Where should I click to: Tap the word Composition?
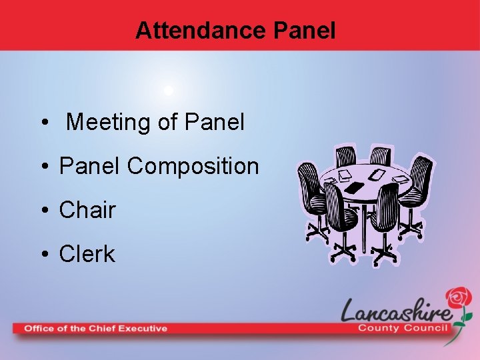(193, 166)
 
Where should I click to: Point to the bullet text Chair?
(87, 210)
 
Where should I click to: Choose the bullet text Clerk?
(87, 254)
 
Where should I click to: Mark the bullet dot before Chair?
(44, 211)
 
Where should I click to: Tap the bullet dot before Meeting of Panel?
(44, 123)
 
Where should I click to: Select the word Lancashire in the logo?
(396, 310)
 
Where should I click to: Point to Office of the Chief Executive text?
(95, 328)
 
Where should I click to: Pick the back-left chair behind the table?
(345, 157)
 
